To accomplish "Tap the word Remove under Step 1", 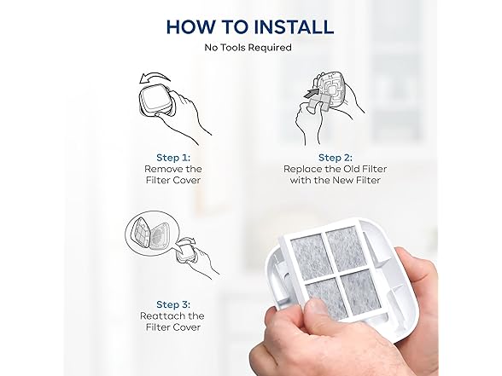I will [161, 169].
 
